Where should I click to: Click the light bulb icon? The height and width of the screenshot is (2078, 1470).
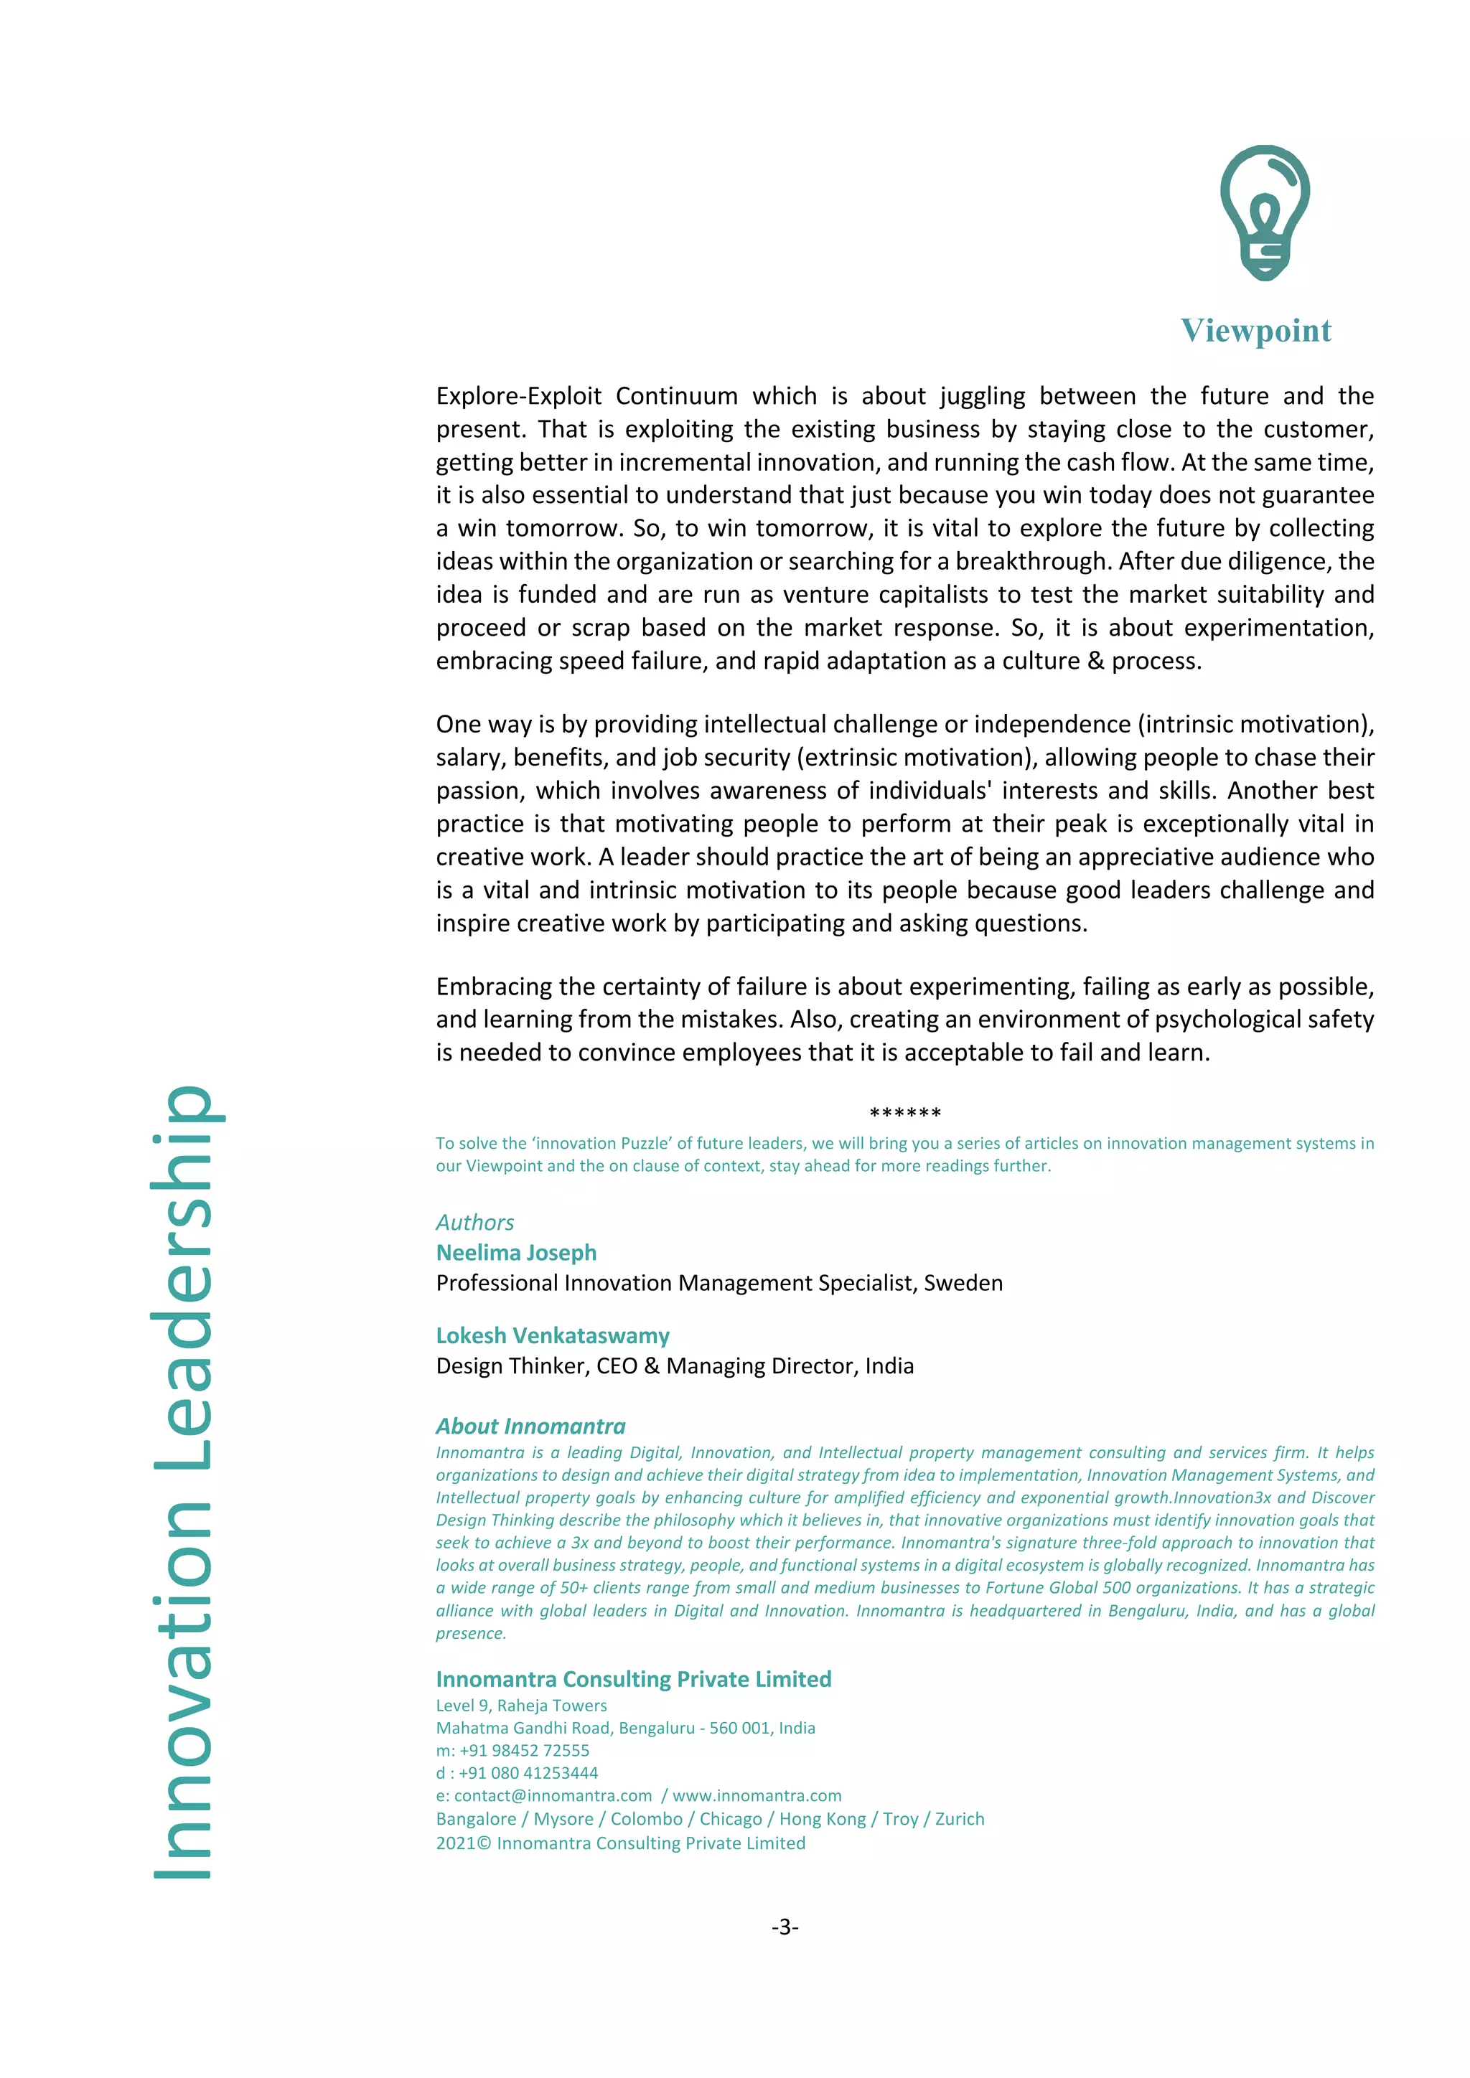(1265, 212)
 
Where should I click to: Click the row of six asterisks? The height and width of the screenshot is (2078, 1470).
(904, 1113)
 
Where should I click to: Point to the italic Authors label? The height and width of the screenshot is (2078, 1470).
(474, 1223)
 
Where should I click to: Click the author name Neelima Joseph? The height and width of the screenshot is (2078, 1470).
(516, 1253)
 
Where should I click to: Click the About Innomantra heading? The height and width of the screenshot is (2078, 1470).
(530, 1426)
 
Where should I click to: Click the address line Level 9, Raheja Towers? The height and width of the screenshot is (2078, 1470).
(521, 1705)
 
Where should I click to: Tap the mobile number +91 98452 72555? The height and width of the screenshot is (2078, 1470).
(524, 1750)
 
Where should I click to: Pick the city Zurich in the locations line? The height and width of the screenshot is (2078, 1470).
(960, 1819)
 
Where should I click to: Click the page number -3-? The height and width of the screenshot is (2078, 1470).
(785, 1927)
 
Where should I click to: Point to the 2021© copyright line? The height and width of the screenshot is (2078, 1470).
(620, 1843)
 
